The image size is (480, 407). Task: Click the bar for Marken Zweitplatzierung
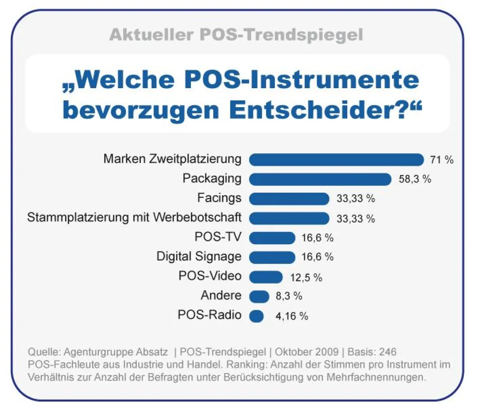coord(336,159)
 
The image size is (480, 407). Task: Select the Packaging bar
coord(320,179)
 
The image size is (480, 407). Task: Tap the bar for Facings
coord(289,199)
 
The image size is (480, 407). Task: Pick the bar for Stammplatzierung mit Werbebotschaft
coord(289,218)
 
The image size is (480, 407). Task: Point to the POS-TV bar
coord(272,238)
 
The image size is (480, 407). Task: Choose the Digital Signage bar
coord(272,257)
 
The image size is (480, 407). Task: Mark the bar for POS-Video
coord(266,277)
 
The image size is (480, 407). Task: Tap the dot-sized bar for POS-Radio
coord(256,316)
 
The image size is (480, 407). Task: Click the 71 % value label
coord(442,160)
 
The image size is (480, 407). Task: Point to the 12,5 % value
coord(306,277)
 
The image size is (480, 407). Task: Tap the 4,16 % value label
coord(292,316)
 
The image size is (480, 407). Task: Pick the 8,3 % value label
coord(288,297)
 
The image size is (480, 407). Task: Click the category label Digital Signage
coord(199,257)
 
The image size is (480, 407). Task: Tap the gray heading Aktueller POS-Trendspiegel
coord(236,35)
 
